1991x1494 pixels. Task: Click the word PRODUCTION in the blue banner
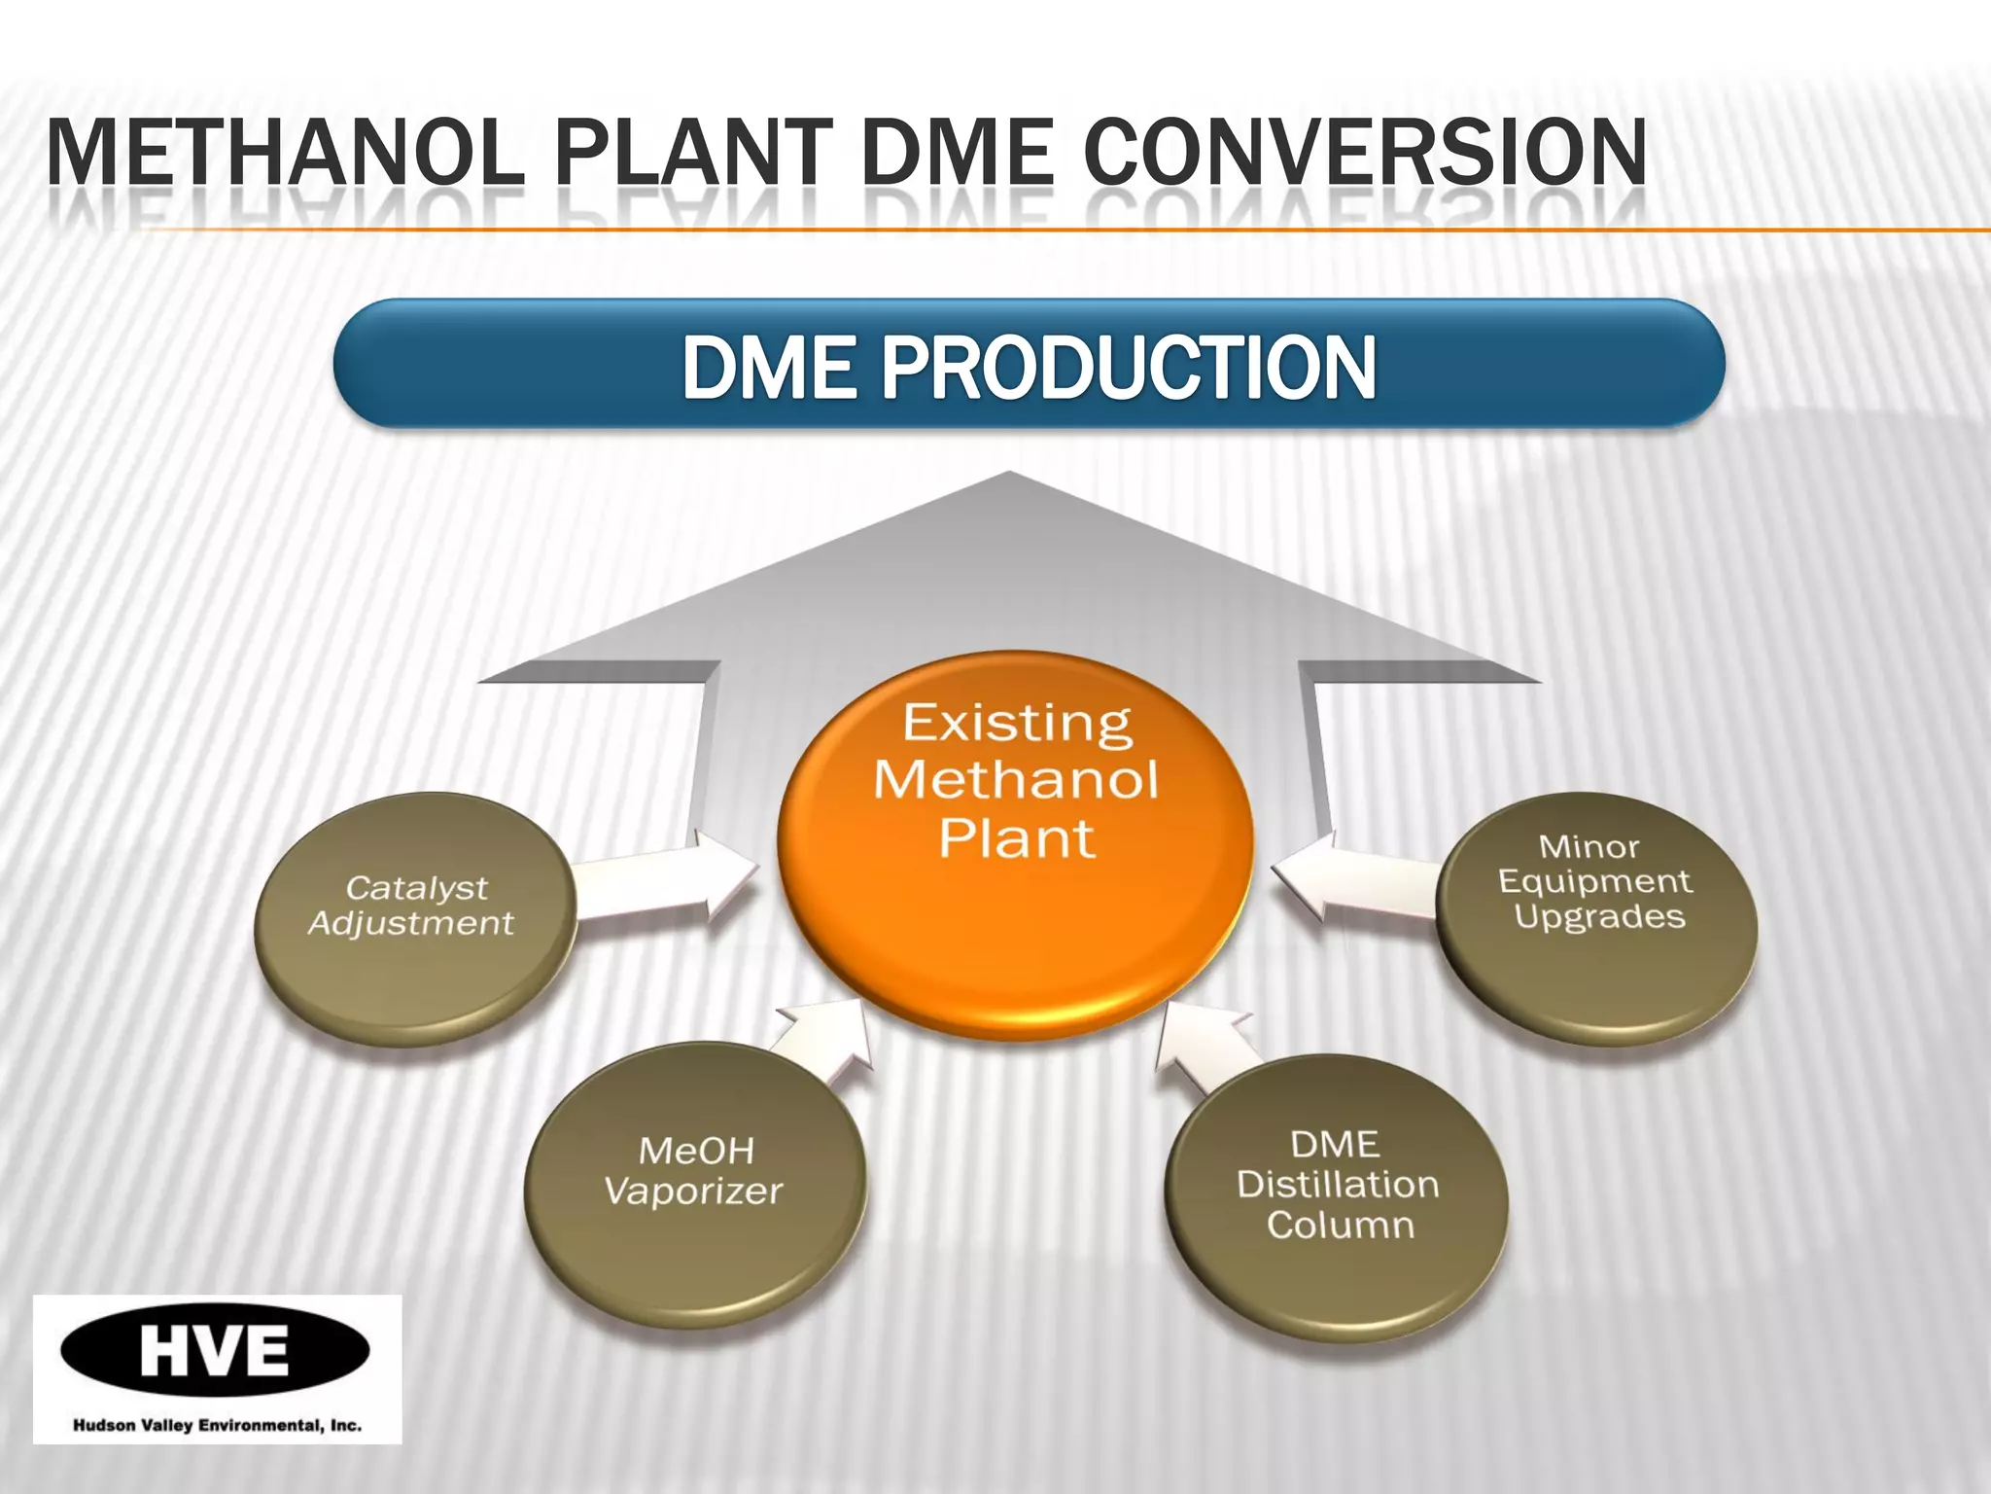1128,368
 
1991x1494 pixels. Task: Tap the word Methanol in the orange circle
1016,781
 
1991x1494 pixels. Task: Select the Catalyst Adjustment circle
413,919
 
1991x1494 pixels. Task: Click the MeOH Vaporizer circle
694,1182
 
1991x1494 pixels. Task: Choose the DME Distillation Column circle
1338,1196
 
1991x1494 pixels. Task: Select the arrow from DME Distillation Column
1205,1050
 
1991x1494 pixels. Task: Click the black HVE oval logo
215,1350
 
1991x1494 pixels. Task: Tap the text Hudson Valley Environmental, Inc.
217,1426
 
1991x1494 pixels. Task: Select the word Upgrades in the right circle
1599,917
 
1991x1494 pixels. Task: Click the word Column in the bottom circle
1340,1226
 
